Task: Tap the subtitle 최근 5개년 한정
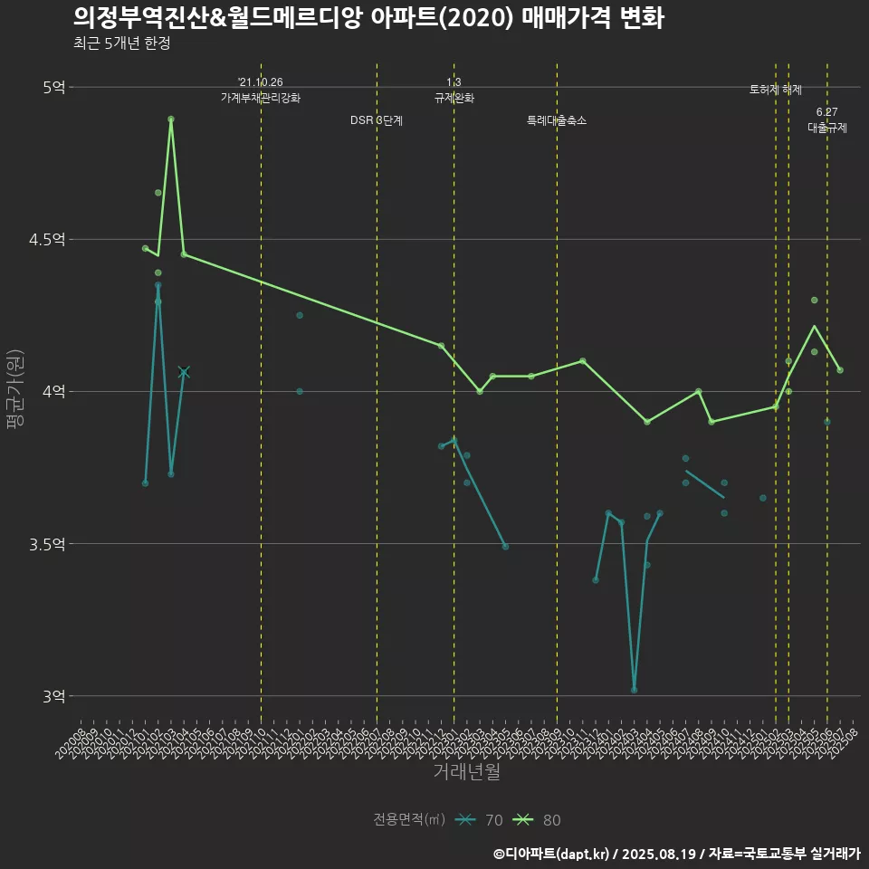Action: [x=121, y=43]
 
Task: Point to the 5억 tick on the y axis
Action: [x=53, y=88]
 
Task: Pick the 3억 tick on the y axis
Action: [x=53, y=696]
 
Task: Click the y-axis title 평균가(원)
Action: [x=16, y=392]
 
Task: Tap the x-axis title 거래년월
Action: [x=466, y=772]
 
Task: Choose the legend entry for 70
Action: [x=480, y=820]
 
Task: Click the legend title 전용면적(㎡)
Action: [x=409, y=820]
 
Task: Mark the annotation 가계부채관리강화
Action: [x=261, y=98]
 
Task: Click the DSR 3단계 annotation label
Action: [x=377, y=120]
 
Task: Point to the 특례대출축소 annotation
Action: [x=557, y=120]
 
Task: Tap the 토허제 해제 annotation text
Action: [x=776, y=90]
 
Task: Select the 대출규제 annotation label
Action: [x=827, y=129]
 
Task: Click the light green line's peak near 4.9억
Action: [x=171, y=119]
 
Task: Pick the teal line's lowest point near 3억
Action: [x=634, y=690]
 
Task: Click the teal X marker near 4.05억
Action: [x=184, y=372]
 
